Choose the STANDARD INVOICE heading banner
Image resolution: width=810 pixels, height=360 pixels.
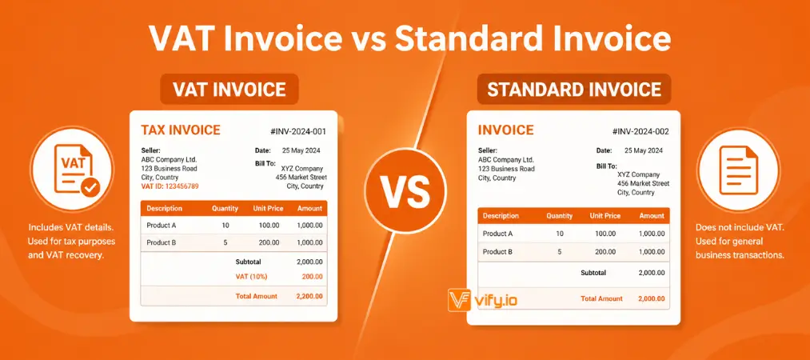tap(573, 90)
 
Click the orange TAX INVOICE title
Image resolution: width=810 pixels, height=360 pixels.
tap(180, 130)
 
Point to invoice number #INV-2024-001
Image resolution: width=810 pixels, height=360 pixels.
tap(299, 131)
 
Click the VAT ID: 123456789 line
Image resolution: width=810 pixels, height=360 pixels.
tap(170, 186)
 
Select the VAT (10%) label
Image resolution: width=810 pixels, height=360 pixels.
tap(251, 277)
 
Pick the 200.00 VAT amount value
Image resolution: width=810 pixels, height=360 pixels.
tap(311, 277)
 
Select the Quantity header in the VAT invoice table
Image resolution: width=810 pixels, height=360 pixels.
tap(225, 209)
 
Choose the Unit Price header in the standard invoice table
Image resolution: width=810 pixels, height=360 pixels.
tap(605, 216)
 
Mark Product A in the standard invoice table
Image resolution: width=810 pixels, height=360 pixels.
tap(497, 234)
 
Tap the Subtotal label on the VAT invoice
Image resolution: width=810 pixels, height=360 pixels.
tap(252, 262)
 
